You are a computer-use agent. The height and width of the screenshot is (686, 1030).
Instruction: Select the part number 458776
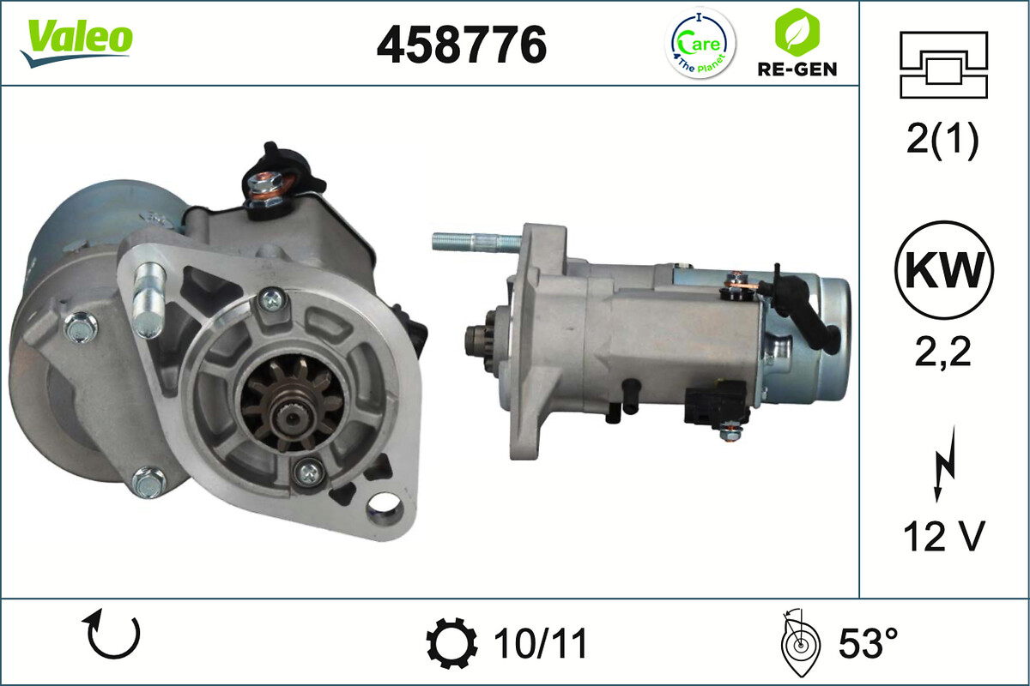[461, 44]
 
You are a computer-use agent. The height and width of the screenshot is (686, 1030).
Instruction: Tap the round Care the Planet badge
[701, 44]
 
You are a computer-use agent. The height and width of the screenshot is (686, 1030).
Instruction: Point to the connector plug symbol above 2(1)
[944, 65]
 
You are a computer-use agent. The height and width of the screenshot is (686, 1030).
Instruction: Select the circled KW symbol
[944, 270]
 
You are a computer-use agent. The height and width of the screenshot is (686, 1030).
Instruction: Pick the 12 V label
[942, 537]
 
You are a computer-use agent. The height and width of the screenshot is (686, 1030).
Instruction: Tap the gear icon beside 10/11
[452, 643]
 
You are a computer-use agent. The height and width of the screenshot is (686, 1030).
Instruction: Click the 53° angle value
[861, 643]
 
